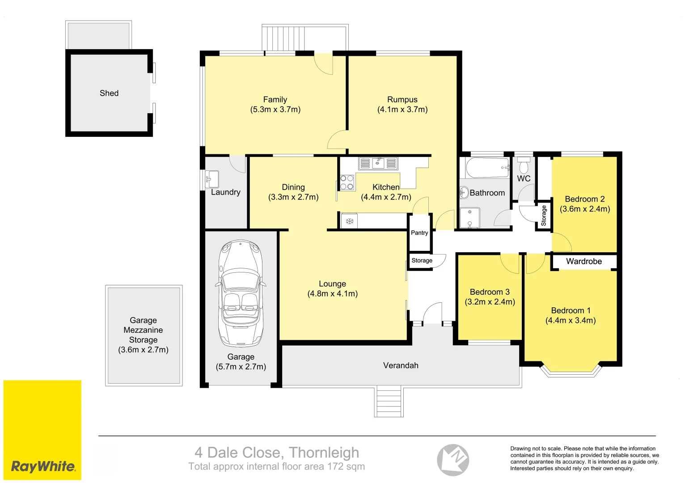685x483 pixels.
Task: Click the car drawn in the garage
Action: pyautogui.click(x=240, y=293)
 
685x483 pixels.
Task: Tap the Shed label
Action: pyautogui.click(x=109, y=93)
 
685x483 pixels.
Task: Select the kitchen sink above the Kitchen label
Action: pyautogui.click(x=378, y=164)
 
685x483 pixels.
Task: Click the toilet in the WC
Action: pyautogui.click(x=524, y=166)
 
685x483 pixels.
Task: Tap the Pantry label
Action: pyautogui.click(x=419, y=233)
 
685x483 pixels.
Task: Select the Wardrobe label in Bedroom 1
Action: pyautogui.click(x=584, y=261)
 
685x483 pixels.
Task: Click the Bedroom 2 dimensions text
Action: pyautogui.click(x=585, y=209)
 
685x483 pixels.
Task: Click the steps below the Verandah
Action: pyautogui.click(x=389, y=402)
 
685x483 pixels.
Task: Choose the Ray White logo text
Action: pyautogui.click(x=43, y=466)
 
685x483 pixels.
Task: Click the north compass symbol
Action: pyautogui.click(x=453, y=460)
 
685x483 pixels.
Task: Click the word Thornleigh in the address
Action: pyautogui.click(x=324, y=453)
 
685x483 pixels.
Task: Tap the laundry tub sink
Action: pyautogui.click(x=212, y=179)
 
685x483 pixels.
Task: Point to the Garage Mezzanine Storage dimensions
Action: pyautogui.click(x=143, y=350)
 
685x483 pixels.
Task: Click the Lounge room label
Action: pyautogui.click(x=332, y=284)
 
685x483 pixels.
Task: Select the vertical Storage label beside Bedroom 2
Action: pyautogui.click(x=544, y=216)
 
